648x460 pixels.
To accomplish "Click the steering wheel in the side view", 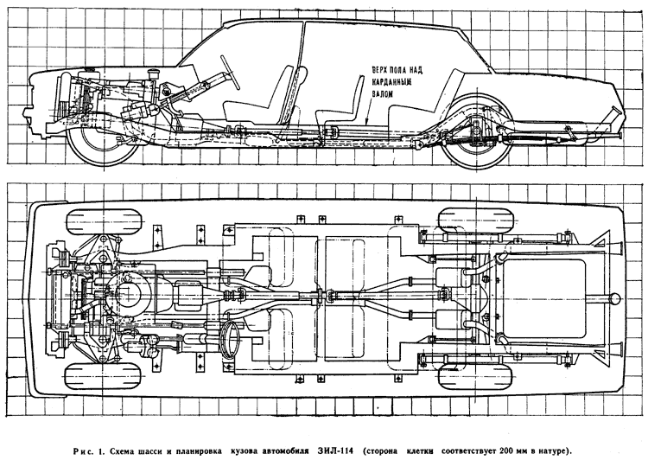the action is (x=230, y=72).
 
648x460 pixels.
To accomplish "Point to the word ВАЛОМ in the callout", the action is (x=382, y=94).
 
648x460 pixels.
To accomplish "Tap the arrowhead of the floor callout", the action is (x=367, y=122).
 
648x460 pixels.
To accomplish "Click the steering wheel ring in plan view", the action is (x=230, y=336).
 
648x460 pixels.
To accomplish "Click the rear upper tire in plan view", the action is (x=475, y=220).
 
